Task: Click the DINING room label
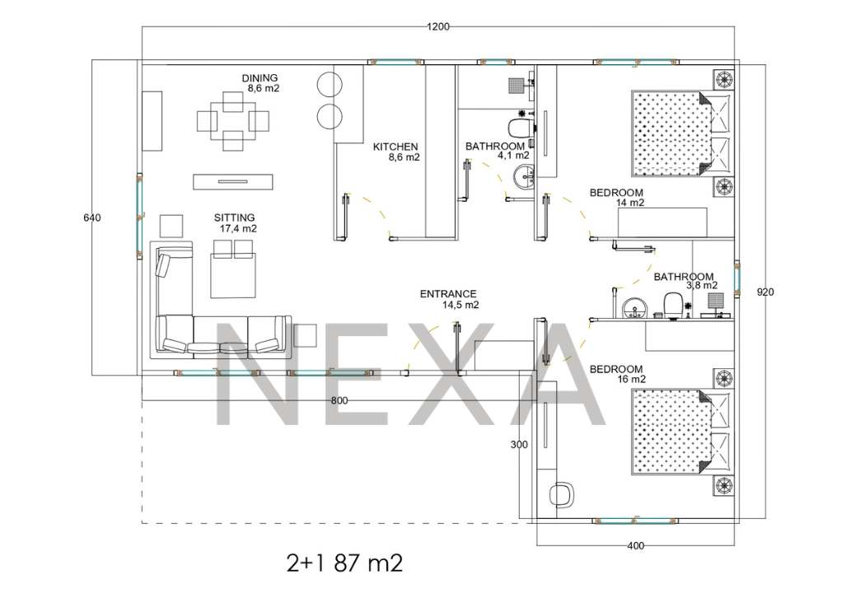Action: coord(259,78)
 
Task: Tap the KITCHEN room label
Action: coord(395,147)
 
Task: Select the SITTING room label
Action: coord(235,217)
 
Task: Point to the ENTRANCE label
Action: coord(448,294)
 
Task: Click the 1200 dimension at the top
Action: coord(438,26)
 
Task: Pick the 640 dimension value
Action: coord(92,217)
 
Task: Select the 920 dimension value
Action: coord(765,292)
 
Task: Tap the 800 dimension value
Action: coord(339,401)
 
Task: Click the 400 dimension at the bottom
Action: coord(635,546)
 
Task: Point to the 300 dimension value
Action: coord(518,445)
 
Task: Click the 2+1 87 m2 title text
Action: coord(345,563)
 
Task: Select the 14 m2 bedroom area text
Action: coord(629,203)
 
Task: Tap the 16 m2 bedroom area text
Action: coord(631,380)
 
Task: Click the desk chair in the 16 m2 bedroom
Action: coord(562,494)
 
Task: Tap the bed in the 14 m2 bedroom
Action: coord(682,133)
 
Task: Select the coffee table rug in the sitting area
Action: coord(233,274)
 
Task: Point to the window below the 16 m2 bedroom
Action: coord(634,521)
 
